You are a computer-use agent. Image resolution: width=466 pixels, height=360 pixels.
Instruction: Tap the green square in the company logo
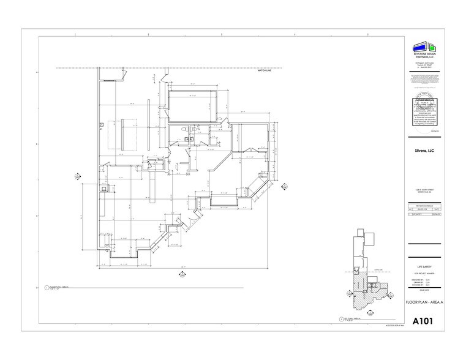[x=432, y=47]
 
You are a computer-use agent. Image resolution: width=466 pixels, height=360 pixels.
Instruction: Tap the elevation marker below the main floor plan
[x=183, y=276]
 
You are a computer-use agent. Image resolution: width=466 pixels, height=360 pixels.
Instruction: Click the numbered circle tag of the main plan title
[x=46, y=287]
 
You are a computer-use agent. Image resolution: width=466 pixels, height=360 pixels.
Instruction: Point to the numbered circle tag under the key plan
[x=340, y=319]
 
